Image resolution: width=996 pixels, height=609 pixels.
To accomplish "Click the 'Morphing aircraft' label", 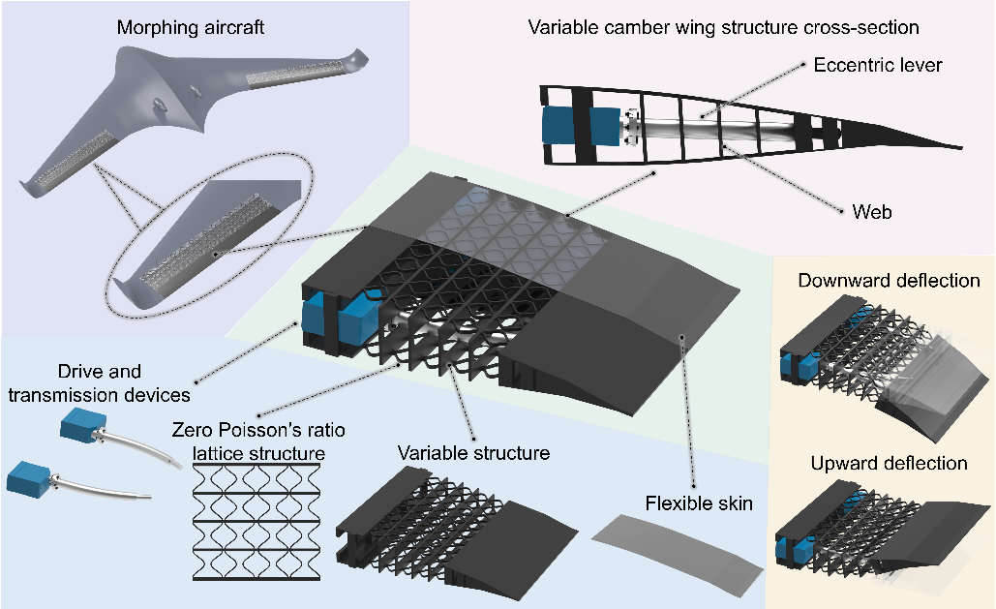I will [191, 27].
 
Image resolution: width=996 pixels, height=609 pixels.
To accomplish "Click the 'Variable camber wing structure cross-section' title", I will [723, 27].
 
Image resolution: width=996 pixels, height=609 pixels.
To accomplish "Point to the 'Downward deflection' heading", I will [889, 281].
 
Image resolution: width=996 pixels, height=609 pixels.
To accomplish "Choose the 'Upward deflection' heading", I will [889, 463].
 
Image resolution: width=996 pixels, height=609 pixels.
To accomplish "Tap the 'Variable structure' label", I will [473, 452].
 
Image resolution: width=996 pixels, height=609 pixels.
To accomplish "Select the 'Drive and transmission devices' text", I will [99, 382].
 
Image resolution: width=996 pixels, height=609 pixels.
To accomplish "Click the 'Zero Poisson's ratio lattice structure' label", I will [249, 440].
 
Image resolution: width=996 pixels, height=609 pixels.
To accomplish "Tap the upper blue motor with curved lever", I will [82, 426].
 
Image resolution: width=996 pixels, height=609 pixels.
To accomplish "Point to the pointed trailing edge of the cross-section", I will [953, 144].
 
